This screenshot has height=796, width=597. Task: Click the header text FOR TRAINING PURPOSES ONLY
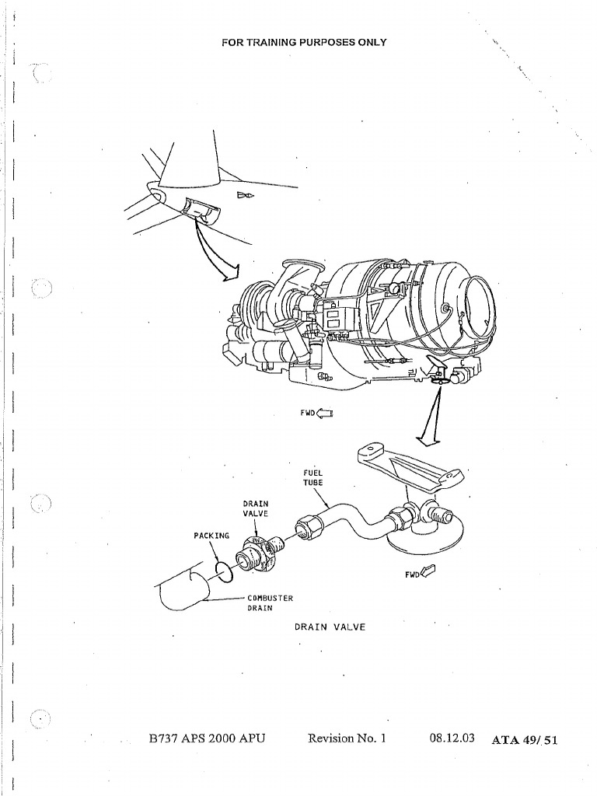(x=304, y=42)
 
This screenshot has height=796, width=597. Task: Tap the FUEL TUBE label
(x=312, y=477)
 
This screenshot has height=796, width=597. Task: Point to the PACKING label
(x=211, y=536)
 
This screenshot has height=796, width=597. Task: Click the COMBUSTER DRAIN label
(x=269, y=602)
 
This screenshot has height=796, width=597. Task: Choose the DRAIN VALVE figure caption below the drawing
(x=330, y=627)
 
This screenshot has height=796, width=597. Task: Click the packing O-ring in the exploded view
(x=224, y=571)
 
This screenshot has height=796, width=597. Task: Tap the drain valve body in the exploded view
(x=257, y=554)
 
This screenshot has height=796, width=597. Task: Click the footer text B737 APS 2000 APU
(x=208, y=738)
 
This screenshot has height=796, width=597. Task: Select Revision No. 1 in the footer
(x=347, y=738)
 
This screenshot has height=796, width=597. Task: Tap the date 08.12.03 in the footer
(x=452, y=738)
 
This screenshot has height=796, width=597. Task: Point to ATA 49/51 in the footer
(x=525, y=740)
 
